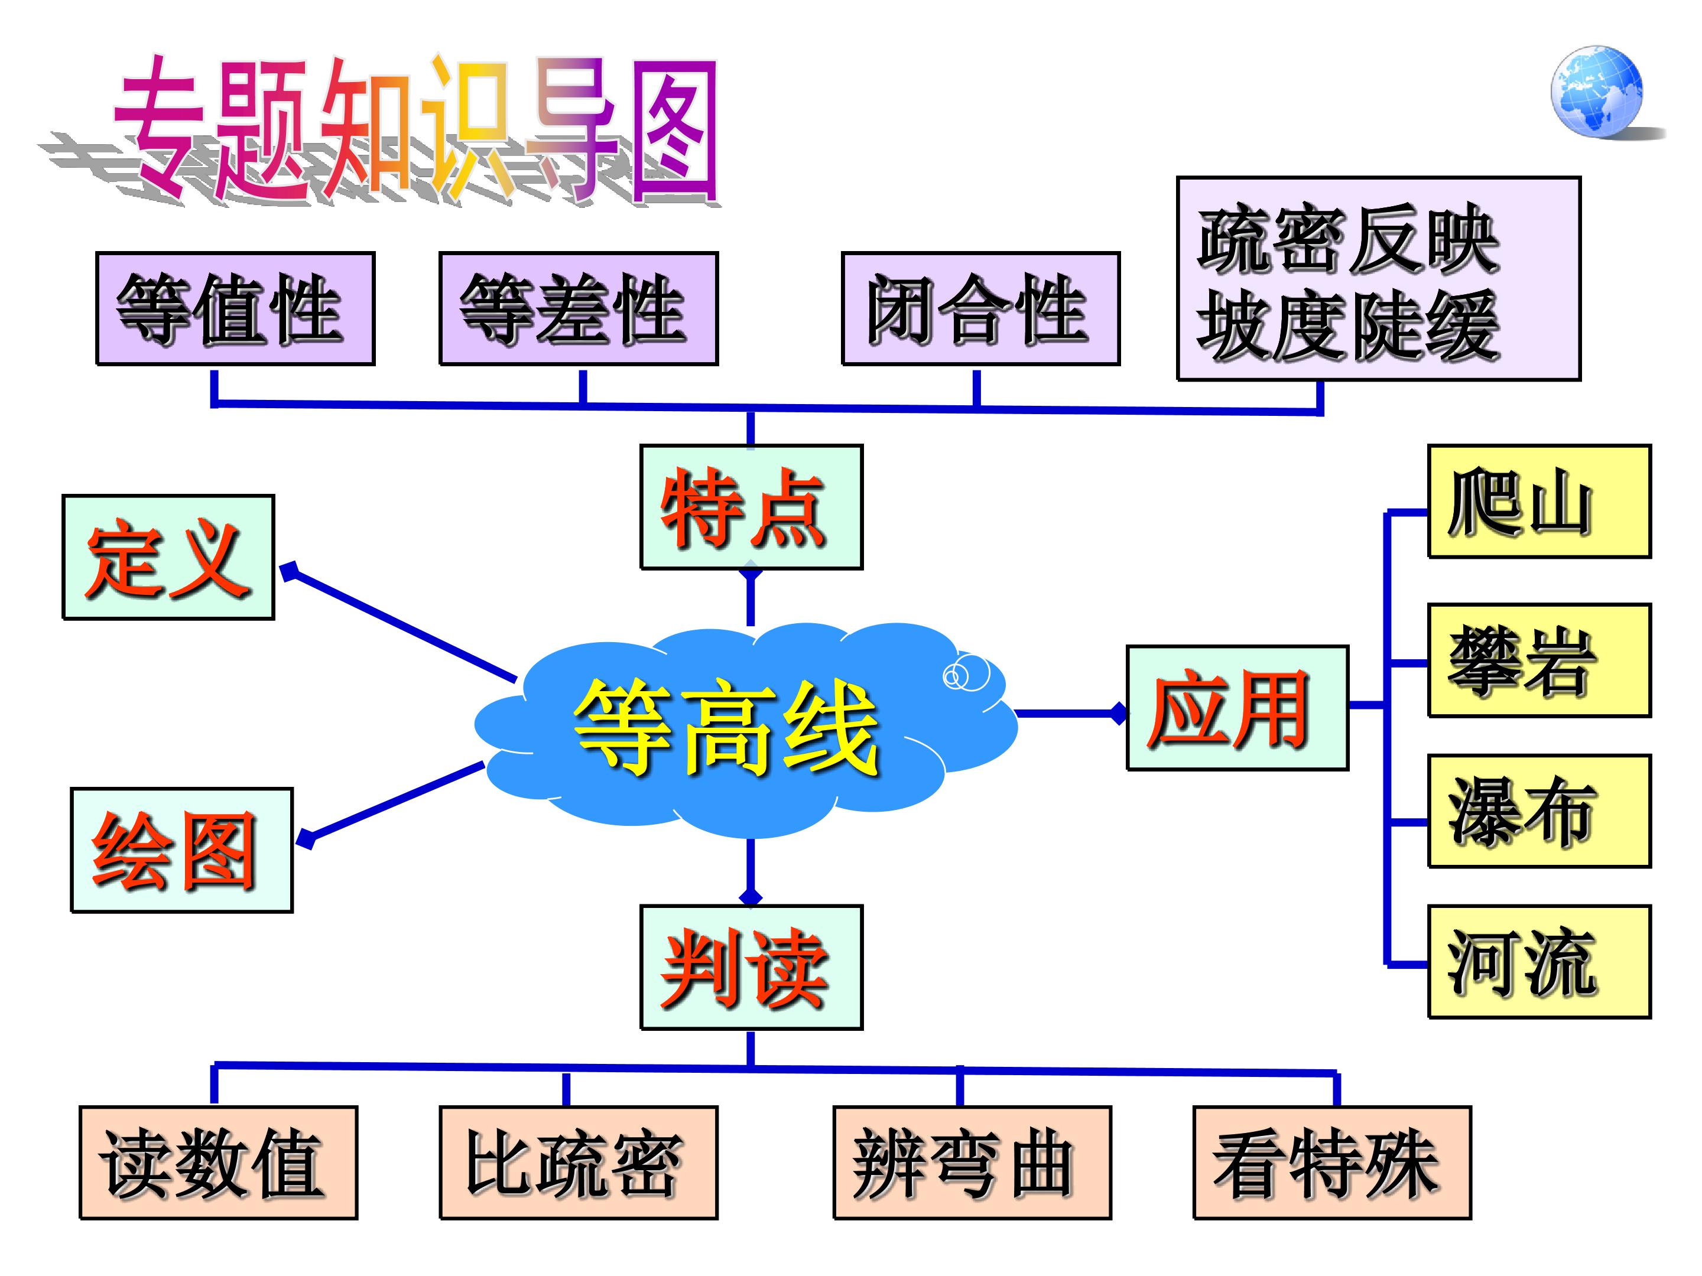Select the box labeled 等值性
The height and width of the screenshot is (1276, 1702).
[x=235, y=308]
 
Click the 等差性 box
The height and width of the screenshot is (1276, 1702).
[x=578, y=308]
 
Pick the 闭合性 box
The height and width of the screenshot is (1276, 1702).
[x=980, y=308]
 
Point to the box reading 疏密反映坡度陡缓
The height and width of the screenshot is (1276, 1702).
[x=1378, y=278]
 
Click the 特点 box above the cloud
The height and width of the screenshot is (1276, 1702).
[x=751, y=507]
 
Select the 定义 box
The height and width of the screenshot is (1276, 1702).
[x=168, y=557]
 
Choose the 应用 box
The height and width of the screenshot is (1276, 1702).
[x=1237, y=708]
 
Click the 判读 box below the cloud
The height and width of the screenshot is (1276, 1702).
[x=751, y=967]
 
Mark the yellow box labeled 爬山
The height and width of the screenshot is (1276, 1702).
[x=1539, y=502]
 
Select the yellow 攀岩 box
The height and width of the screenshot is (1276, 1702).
[x=1539, y=660]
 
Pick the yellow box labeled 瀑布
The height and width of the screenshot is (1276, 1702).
[x=1539, y=812]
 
